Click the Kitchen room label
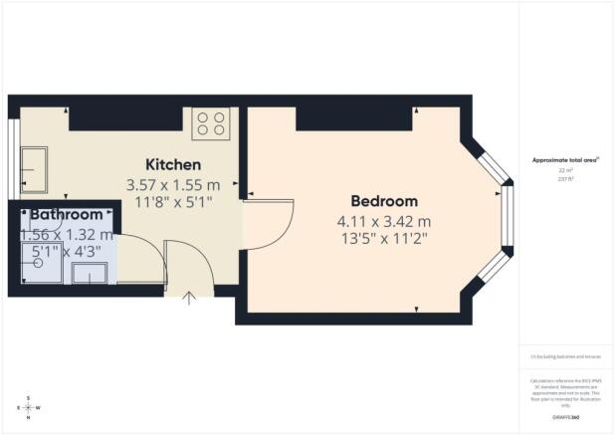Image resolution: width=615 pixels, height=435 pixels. [x=173, y=164]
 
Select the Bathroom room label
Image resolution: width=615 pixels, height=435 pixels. [x=66, y=214]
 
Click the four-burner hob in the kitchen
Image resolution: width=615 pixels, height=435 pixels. [x=210, y=122]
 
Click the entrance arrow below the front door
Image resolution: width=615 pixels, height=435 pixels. [x=189, y=296]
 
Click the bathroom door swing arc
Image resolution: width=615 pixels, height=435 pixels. [x=139, y=260]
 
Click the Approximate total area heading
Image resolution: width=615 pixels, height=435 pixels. [x=564, y=159]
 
